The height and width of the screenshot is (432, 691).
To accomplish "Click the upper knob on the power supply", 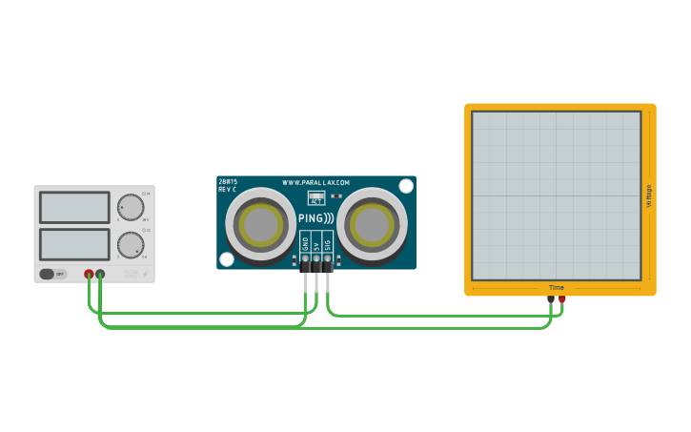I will tap(130, 207).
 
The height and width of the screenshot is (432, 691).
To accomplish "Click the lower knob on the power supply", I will tap(130, 244).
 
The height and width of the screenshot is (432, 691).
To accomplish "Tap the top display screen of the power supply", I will tap(74, 207).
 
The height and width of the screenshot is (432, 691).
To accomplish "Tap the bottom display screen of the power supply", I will tap(74, 244).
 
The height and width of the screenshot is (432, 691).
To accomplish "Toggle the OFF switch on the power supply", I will tap(53, 274).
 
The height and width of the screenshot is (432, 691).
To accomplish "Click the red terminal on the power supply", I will tap(89, 275).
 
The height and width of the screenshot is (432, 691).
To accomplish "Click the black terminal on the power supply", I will tap(100, 275).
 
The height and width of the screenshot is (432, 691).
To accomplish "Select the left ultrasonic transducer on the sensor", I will tap(260, 224).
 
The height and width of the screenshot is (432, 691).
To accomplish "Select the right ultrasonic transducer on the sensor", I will tap(372, 224).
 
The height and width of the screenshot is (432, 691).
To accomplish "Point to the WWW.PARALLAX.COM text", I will tap(315, 182).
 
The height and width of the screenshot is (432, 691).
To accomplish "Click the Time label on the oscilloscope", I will tap(557, 288).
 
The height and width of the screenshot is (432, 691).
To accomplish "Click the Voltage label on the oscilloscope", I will tap(649, 197).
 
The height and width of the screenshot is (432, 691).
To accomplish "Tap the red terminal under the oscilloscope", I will tap(562, 299).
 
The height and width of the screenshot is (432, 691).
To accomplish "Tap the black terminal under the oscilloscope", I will tap(551, 299).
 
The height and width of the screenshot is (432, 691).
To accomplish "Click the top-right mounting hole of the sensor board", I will tap(406, 186).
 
